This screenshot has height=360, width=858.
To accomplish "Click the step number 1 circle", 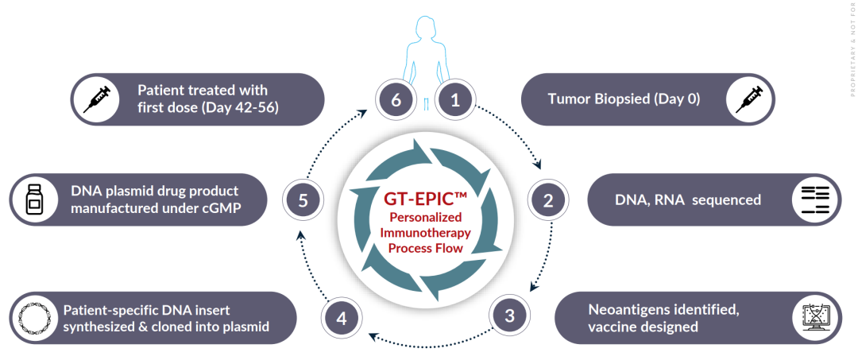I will (455, 99).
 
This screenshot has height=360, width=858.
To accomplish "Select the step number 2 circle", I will (547, 199).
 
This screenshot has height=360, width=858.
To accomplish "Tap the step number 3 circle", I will (509, 315).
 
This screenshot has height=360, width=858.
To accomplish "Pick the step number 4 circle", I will (342, 319).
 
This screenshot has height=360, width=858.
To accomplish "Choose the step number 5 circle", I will (303, 200).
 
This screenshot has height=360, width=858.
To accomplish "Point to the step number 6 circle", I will (395, 99).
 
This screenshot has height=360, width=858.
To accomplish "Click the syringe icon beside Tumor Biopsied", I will (748, 99).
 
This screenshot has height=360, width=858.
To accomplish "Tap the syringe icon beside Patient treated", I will (95, 99).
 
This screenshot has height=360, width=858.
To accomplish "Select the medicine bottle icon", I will (34, 200).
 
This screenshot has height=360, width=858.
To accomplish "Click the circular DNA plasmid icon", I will (34, 318).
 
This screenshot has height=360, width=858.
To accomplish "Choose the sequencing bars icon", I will (816, 199).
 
